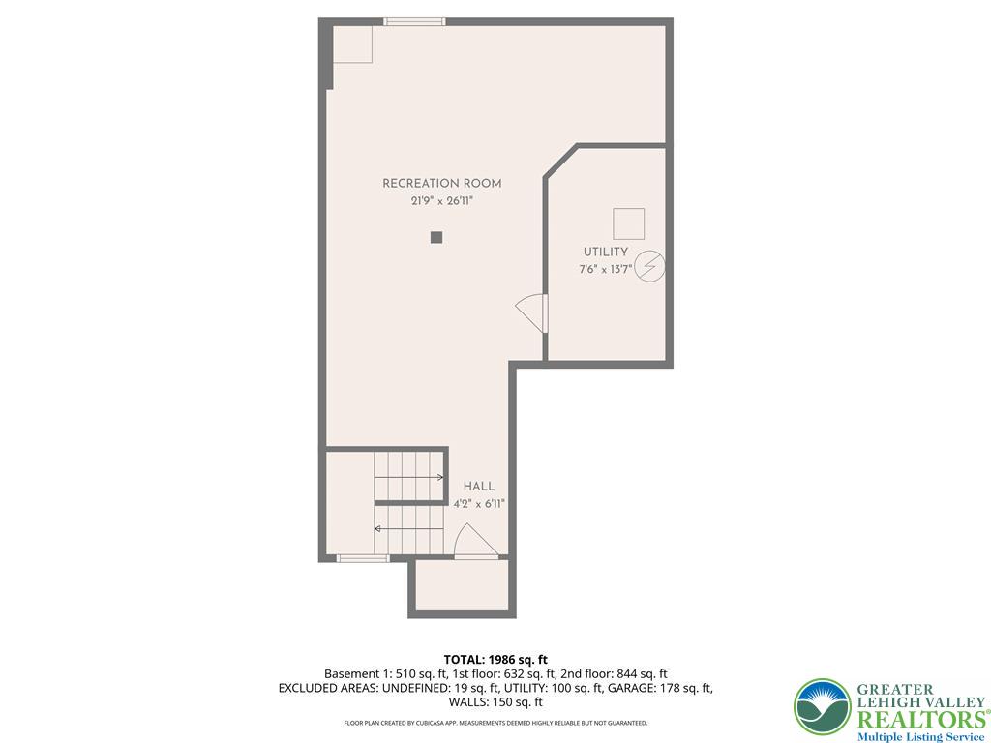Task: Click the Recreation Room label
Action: click(x=441, y=184)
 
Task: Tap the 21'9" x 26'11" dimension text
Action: click(x=441, y=201)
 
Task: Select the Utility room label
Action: click(x=606, y=253)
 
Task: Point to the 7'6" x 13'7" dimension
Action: click(x=606, y=270)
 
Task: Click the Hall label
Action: click(x=479, y=487)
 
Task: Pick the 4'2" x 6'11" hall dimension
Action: click(x=479, y=504)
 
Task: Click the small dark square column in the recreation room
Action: click(x=436, y=238)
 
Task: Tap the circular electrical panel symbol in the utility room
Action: click(x=649, y=266)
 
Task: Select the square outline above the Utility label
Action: click(x=629, y=224)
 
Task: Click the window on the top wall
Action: click(x=414, y=22)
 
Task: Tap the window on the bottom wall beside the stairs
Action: click(x=363, y=558)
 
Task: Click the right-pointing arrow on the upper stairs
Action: click(x=409, y=477)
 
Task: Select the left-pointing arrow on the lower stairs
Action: click(x=409, y=529)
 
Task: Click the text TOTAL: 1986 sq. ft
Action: click(x=495, y=661)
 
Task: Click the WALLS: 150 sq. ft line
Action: click(x=495, y=702)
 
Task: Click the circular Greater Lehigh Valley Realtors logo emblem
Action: click(x=823, y=707)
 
